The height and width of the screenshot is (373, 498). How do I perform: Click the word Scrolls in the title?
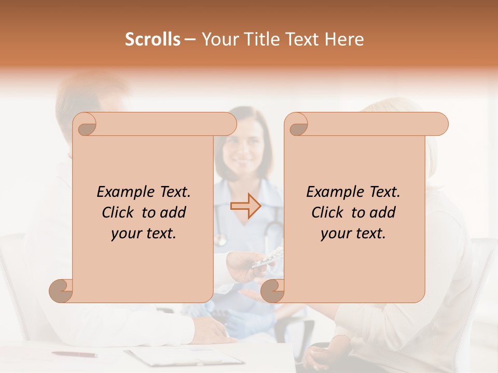click(x=153, y=39)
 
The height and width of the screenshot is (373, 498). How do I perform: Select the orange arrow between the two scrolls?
click(x=245, y=206)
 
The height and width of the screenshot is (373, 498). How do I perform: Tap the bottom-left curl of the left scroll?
click(x=61, y=291)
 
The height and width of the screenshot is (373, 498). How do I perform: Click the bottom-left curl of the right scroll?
click(x=272, y=291)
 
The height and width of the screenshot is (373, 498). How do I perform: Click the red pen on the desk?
click(x=74, y=354)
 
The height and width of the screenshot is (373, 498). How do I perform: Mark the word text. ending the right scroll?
click(x=370, y=234)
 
